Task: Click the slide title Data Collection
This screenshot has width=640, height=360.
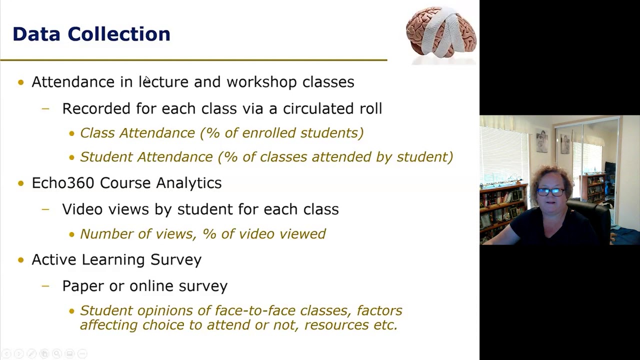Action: click(x=91, y=34)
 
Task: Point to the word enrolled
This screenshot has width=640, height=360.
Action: click(x=270, y=133)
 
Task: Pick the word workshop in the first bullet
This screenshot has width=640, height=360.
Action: click(x=261, y=82)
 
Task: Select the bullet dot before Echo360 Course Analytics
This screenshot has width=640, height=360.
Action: click(x=20, y=183)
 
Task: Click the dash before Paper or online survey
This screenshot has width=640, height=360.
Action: click(x=46, y=286)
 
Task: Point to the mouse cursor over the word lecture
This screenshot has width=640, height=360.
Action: click(x=147, y=80)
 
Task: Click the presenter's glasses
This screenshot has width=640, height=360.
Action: click(x=550, y=192)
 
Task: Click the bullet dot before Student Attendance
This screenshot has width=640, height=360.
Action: click(x=71, y=157)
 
